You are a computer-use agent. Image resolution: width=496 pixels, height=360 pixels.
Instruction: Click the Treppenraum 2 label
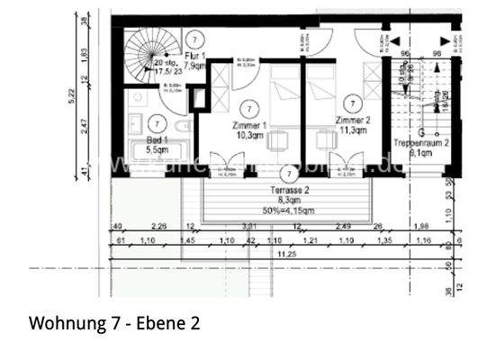click(416, 148)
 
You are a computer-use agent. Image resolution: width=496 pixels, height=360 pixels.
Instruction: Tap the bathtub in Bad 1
click(158, 152)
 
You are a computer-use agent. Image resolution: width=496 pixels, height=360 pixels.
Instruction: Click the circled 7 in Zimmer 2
click(354, 104)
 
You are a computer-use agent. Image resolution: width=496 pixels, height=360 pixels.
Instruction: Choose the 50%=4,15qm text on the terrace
click(289, 211)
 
